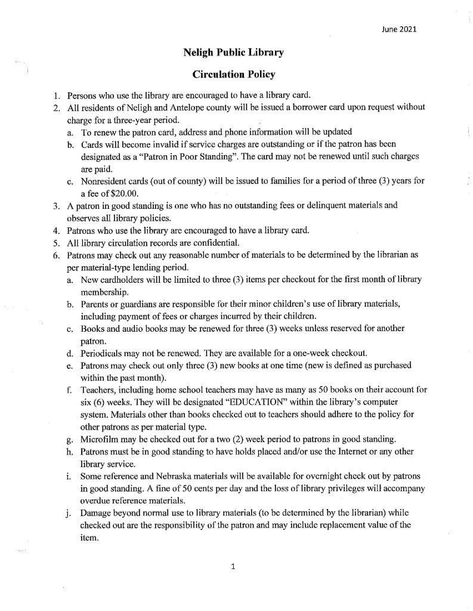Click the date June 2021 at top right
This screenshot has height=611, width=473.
click(397, 27)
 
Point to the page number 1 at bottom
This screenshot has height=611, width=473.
click(233, 567)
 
